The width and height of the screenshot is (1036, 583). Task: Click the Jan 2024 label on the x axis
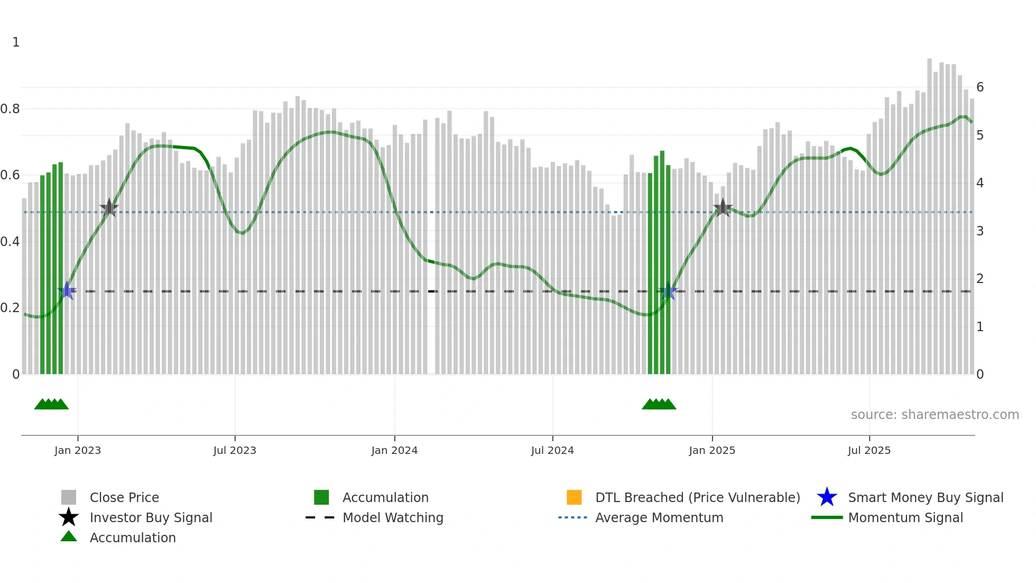(394, 450)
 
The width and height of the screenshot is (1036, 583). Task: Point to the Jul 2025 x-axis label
(869, 450)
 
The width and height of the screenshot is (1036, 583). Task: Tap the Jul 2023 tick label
(235, 450)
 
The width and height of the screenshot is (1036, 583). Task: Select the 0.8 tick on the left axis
(10, 109)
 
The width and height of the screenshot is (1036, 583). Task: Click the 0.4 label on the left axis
(10, 242)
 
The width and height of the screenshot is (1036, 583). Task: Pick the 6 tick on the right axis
(980, 87)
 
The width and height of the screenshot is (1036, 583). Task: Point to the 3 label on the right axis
(980, 231)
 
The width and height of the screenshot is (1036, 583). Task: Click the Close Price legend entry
(124, 497)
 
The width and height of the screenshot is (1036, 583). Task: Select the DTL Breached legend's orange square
(574, 497)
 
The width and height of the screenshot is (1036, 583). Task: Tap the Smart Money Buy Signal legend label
(926, 497)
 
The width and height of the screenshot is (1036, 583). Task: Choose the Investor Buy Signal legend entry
(151, 517)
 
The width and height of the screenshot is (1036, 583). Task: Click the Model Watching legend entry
(393, 517)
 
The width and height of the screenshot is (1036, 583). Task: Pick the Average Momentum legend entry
(659, 517)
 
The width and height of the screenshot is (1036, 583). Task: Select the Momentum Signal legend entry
(905, 517)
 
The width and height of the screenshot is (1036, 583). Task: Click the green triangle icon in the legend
(69, 536)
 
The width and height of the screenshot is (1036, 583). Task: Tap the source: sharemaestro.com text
(935, 415)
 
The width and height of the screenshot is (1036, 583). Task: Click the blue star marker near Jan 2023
(67, 290)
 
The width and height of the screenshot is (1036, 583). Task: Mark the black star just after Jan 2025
(723, 208)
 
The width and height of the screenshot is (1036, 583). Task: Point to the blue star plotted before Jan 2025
(668, 290)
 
